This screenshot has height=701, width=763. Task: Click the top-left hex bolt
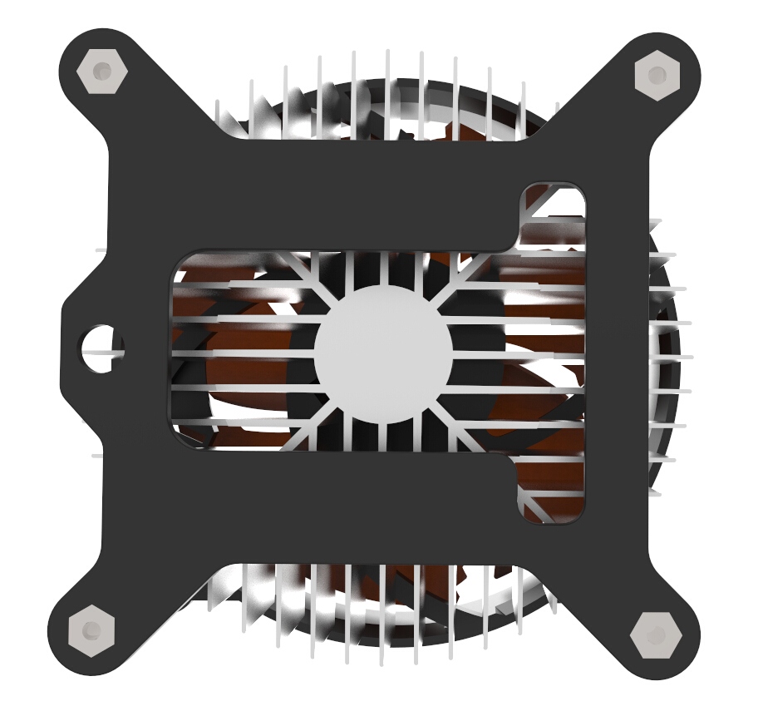(101, 72)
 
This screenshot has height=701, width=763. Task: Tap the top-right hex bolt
(657, 75)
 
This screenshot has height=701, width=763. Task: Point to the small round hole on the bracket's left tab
(102, 346)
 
